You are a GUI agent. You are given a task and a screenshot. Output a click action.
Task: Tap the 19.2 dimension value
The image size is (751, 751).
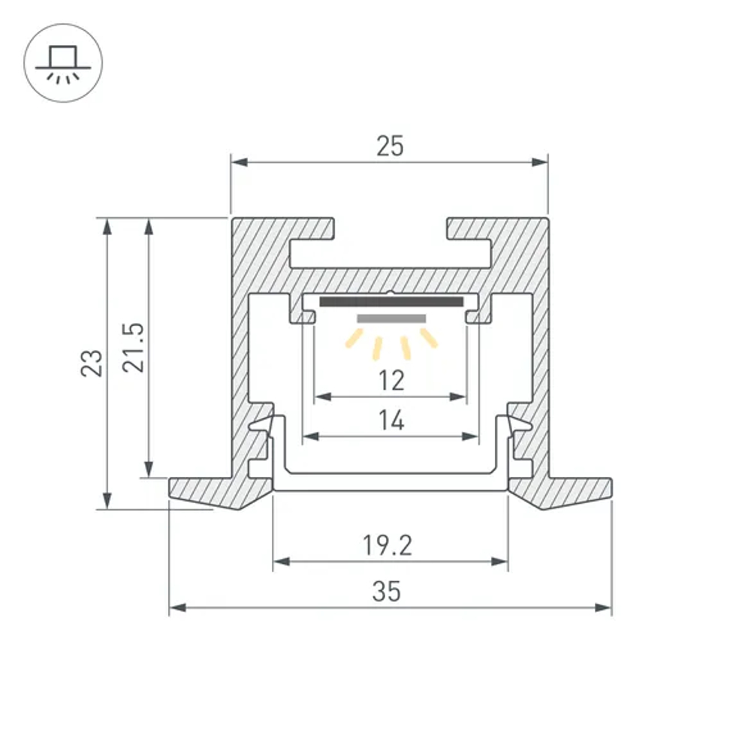(x=388, y=545)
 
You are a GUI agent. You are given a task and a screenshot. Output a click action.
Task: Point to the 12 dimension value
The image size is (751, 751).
(x=391, y=381)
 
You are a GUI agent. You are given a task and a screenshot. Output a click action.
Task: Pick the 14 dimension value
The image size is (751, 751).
(x=391, y=421)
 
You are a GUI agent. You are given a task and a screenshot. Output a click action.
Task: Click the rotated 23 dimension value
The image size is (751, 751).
(x=92, y=363)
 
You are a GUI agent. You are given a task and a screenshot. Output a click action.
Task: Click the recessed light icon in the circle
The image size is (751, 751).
(x=63, y=63)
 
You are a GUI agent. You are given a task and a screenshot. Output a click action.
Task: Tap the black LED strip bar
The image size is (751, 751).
(x=391, y=302)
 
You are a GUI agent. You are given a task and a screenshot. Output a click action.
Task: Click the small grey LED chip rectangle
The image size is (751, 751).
(x=391, y=318)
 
